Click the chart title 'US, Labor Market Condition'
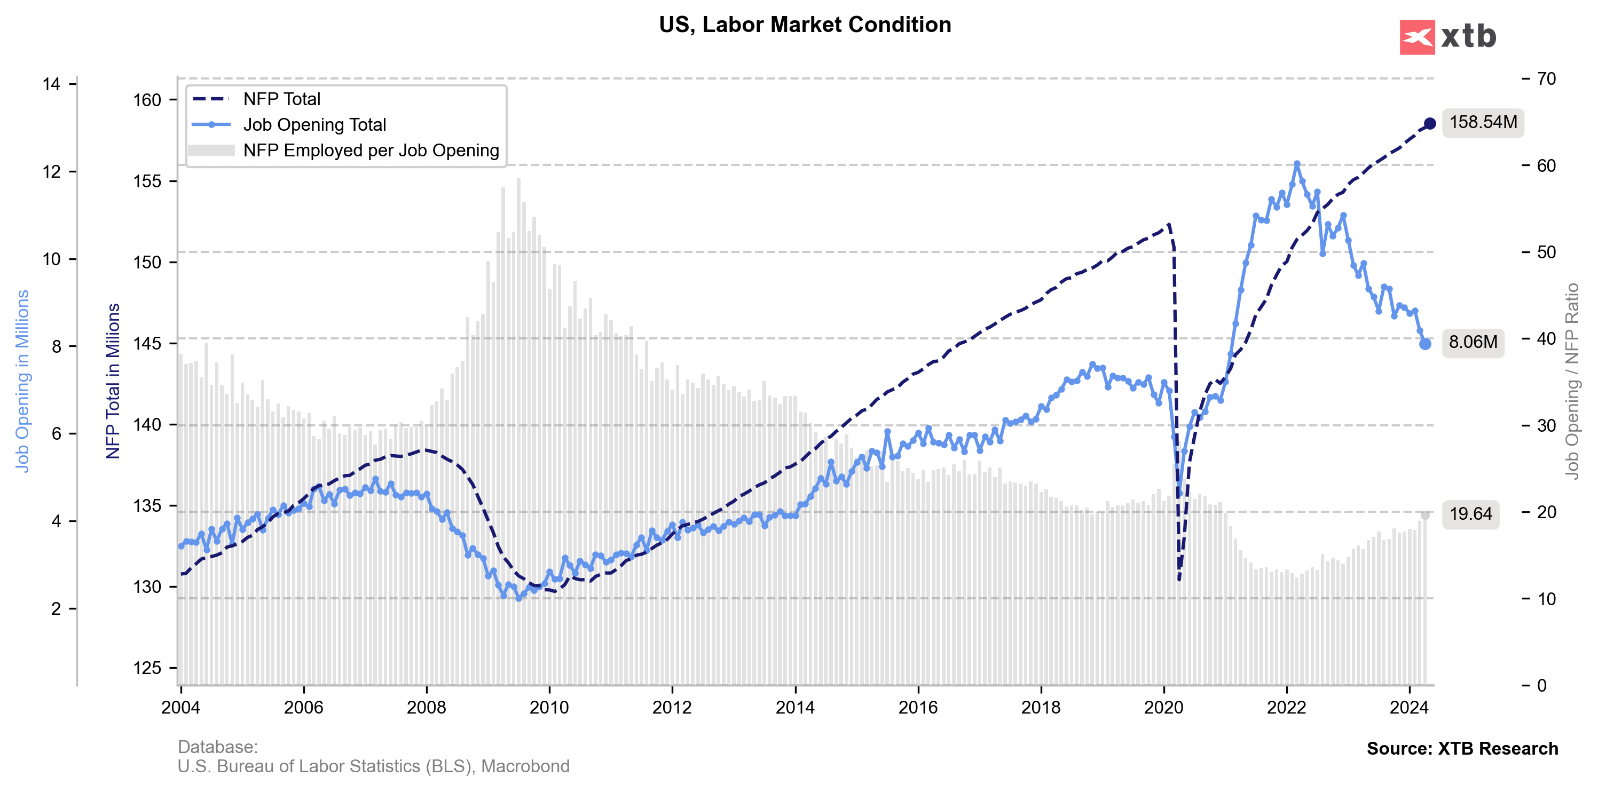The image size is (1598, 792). point(805,25)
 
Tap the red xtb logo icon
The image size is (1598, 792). point(1417,37)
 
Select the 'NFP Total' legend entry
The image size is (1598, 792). point(281,99)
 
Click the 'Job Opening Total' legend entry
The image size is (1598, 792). point(314,125)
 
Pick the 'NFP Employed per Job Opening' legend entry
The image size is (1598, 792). point(371,151)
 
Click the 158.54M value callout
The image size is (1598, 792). point(1483,122)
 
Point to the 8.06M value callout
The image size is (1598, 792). point(1473,342)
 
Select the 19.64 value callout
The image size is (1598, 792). point(1470,514)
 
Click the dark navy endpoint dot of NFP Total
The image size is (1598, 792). point(1429,123)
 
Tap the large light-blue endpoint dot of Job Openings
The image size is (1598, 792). point(1425,344)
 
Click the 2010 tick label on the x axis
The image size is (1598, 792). point(549,708)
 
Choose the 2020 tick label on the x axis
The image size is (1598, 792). point(1164,708)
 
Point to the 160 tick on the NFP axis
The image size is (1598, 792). point(147,100)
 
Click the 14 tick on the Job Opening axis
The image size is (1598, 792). point(51,84)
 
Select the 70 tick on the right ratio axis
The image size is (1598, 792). point(1546,79)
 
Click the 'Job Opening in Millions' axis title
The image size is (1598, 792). point(22,381)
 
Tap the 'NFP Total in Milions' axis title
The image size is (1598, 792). point(113,381)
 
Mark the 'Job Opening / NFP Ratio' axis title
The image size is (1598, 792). point(1571,381)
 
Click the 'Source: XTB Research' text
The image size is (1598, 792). point(1462,749)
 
